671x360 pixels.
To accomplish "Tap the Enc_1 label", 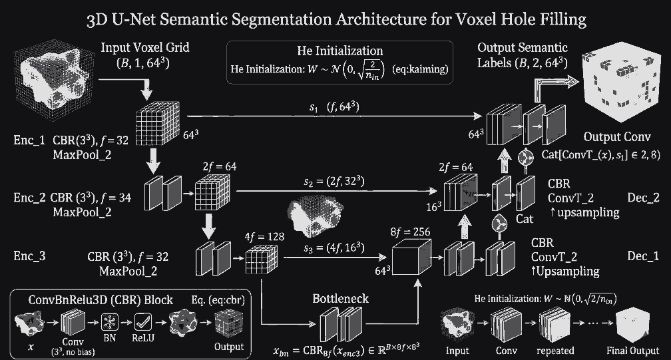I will pos(28,140).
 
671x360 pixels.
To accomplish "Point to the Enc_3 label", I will pos(28,255).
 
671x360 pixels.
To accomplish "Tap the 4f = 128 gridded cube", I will pos(257,260).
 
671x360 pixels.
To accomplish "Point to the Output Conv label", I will pos(617,137).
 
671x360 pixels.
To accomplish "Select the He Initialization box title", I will pos(339,51).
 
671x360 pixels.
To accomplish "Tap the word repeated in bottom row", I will pos(553,351).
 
